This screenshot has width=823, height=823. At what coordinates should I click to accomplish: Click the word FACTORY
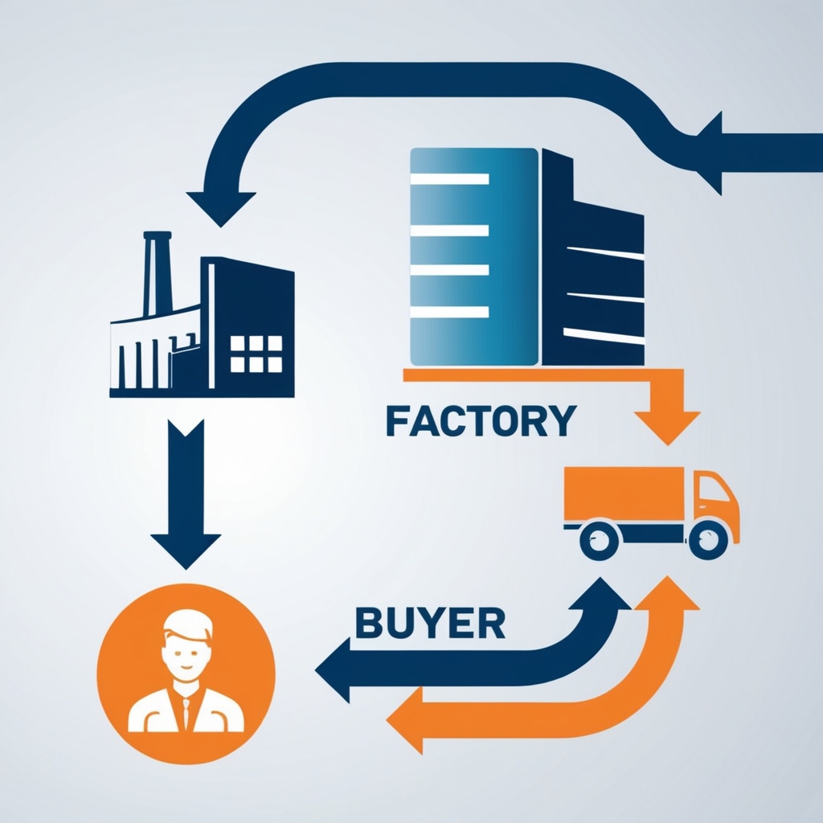[481, 420]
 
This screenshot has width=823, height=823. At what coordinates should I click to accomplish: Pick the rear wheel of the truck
[599, 539]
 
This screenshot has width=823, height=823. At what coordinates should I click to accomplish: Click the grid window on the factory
[256, 354]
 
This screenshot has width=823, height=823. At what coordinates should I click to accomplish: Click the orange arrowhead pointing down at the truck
[666, 426]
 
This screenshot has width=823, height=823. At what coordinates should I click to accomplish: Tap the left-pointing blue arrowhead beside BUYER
[334, 669]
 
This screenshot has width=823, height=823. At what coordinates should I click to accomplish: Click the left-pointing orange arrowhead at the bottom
[407, 720]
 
